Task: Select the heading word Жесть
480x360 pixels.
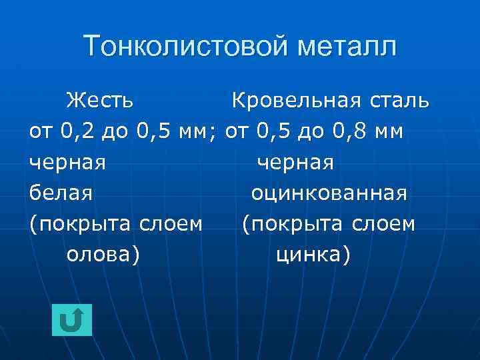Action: click(99, 101)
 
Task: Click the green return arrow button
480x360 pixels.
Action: click(71, 320)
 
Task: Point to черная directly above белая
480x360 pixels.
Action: click(68, 162)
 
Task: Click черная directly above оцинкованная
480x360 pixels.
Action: click(295, 162)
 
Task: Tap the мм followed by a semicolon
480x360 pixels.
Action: click(199, 131)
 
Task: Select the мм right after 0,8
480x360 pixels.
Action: click(389, 131)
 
